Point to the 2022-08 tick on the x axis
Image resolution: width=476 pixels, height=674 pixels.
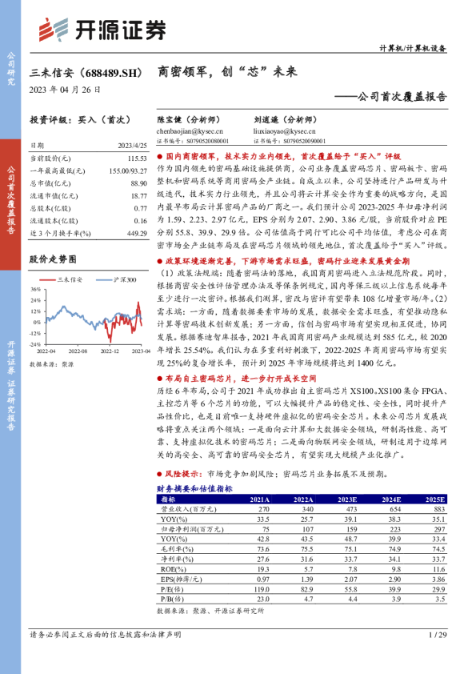coord(77,351)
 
